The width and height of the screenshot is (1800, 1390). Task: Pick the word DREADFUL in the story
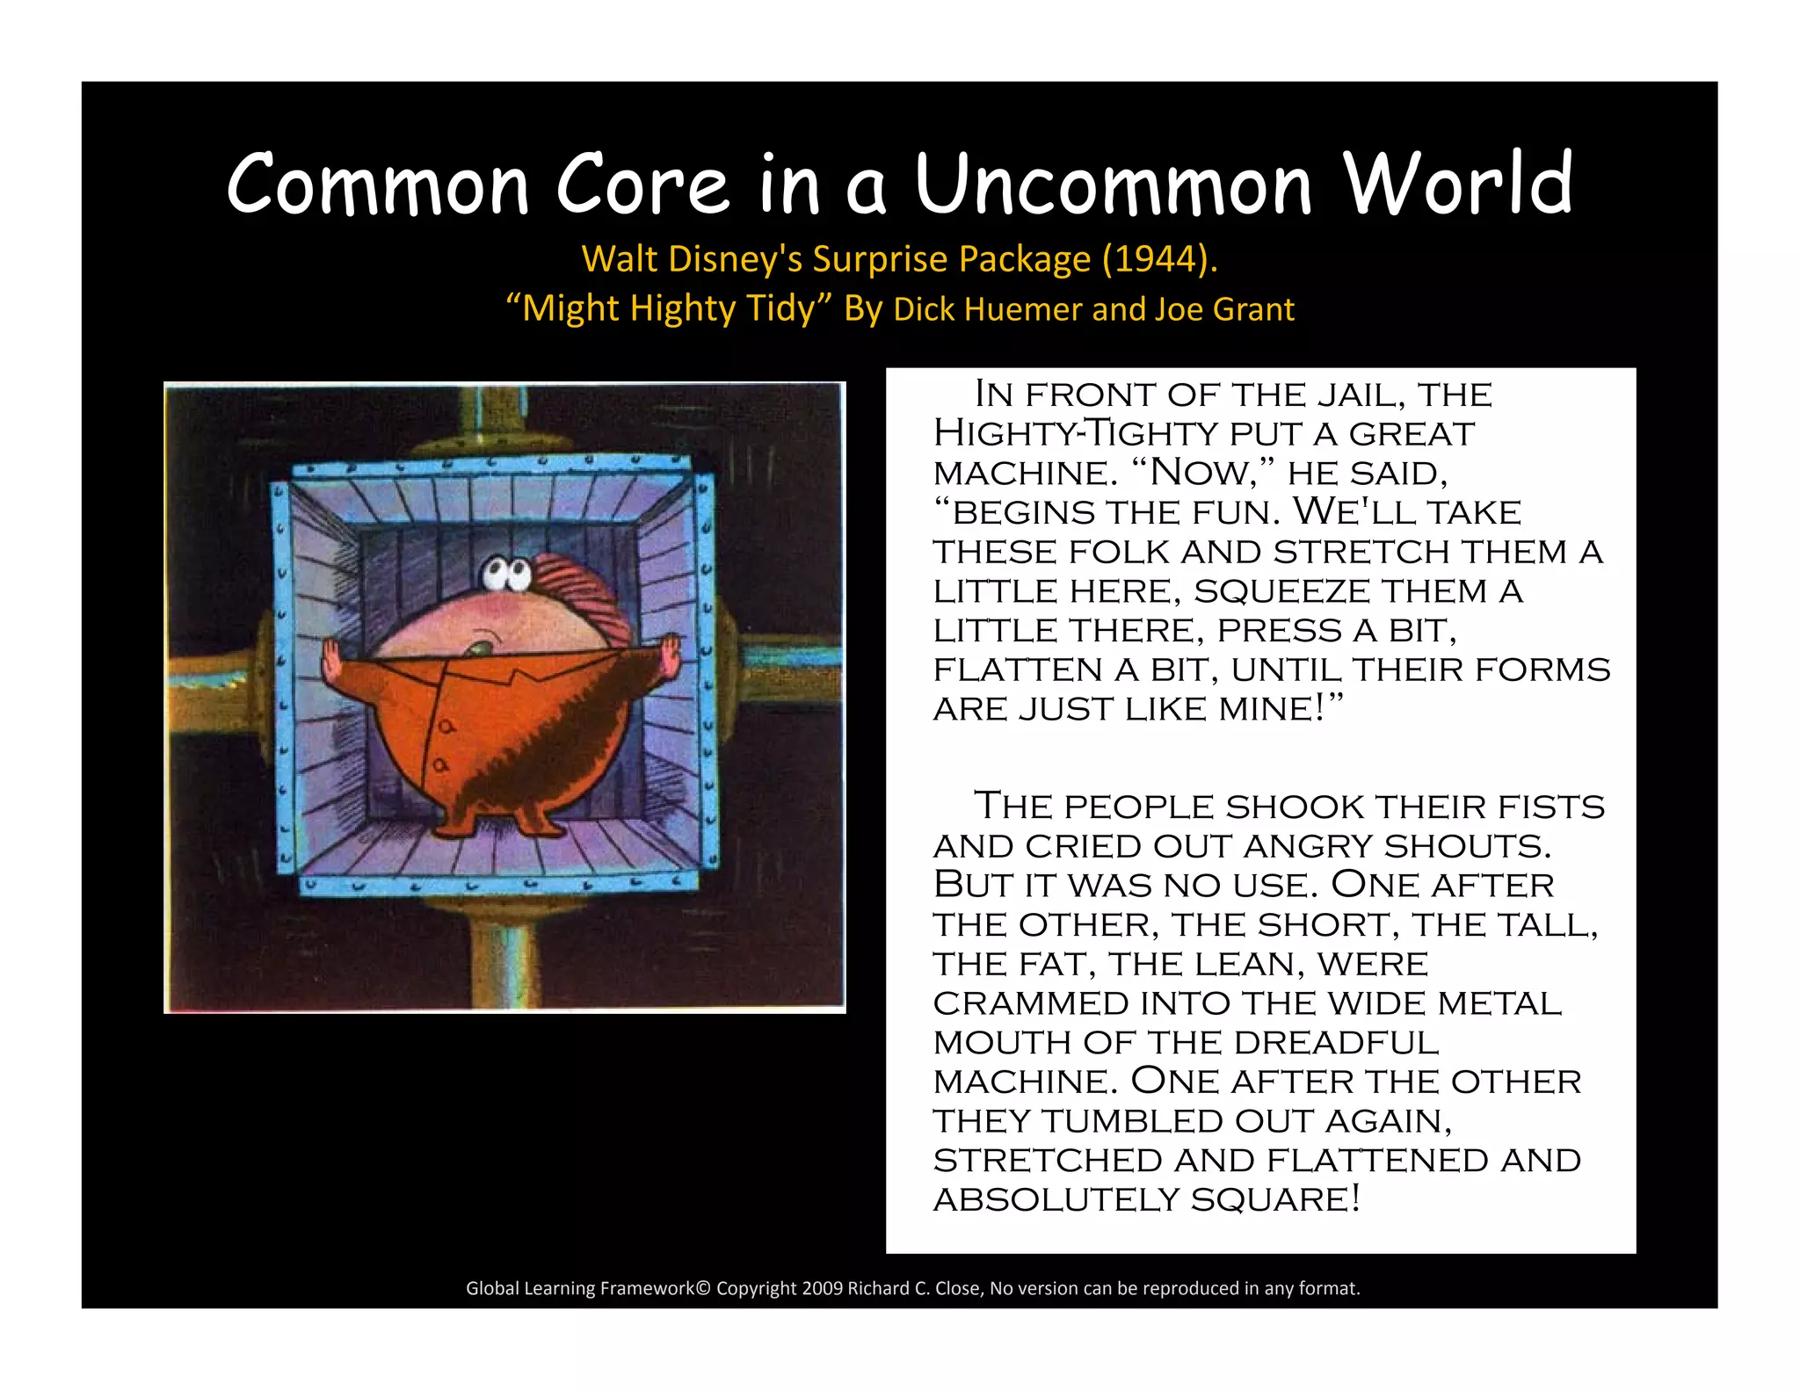(x=1336, y=1043)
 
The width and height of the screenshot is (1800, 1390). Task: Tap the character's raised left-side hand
(x=331, y=658)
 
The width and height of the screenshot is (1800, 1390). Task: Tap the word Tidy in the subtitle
(x=780, y=309)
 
